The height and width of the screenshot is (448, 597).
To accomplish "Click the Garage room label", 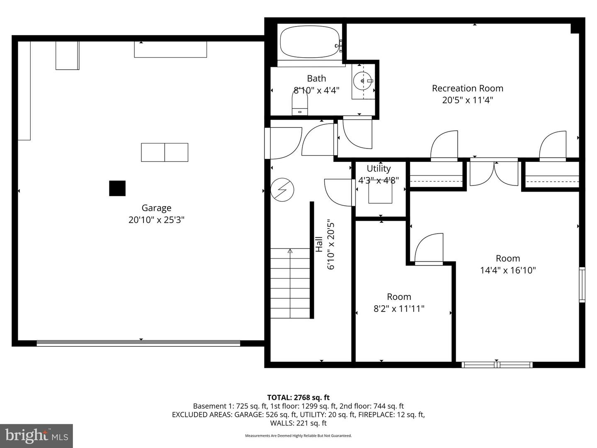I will [156, 208].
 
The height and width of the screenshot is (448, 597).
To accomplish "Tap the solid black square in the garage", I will [117, 188].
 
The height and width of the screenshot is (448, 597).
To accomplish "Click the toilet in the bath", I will [300, 102].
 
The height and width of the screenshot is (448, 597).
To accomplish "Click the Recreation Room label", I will [467, 88].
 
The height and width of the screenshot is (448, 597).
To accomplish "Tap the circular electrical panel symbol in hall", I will [282, 190].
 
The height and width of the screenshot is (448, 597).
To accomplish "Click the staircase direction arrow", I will [290, 251].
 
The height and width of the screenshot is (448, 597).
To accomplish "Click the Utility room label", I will [379, 168].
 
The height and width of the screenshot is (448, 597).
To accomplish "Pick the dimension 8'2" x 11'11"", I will [399, 309].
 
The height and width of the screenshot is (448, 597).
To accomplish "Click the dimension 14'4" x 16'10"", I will [508, 270].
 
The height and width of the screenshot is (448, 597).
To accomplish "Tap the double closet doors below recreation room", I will [494, 173].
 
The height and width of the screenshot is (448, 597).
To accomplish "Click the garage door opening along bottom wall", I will [138, 343].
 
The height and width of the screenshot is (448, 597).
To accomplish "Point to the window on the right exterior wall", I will [582, 285].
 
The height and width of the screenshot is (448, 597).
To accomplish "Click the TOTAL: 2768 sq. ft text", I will [298, 397].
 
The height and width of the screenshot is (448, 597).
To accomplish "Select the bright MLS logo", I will [36, 436].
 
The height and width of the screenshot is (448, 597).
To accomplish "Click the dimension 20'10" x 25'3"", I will [156, 220].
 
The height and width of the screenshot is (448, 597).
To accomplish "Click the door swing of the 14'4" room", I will [429, 249].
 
